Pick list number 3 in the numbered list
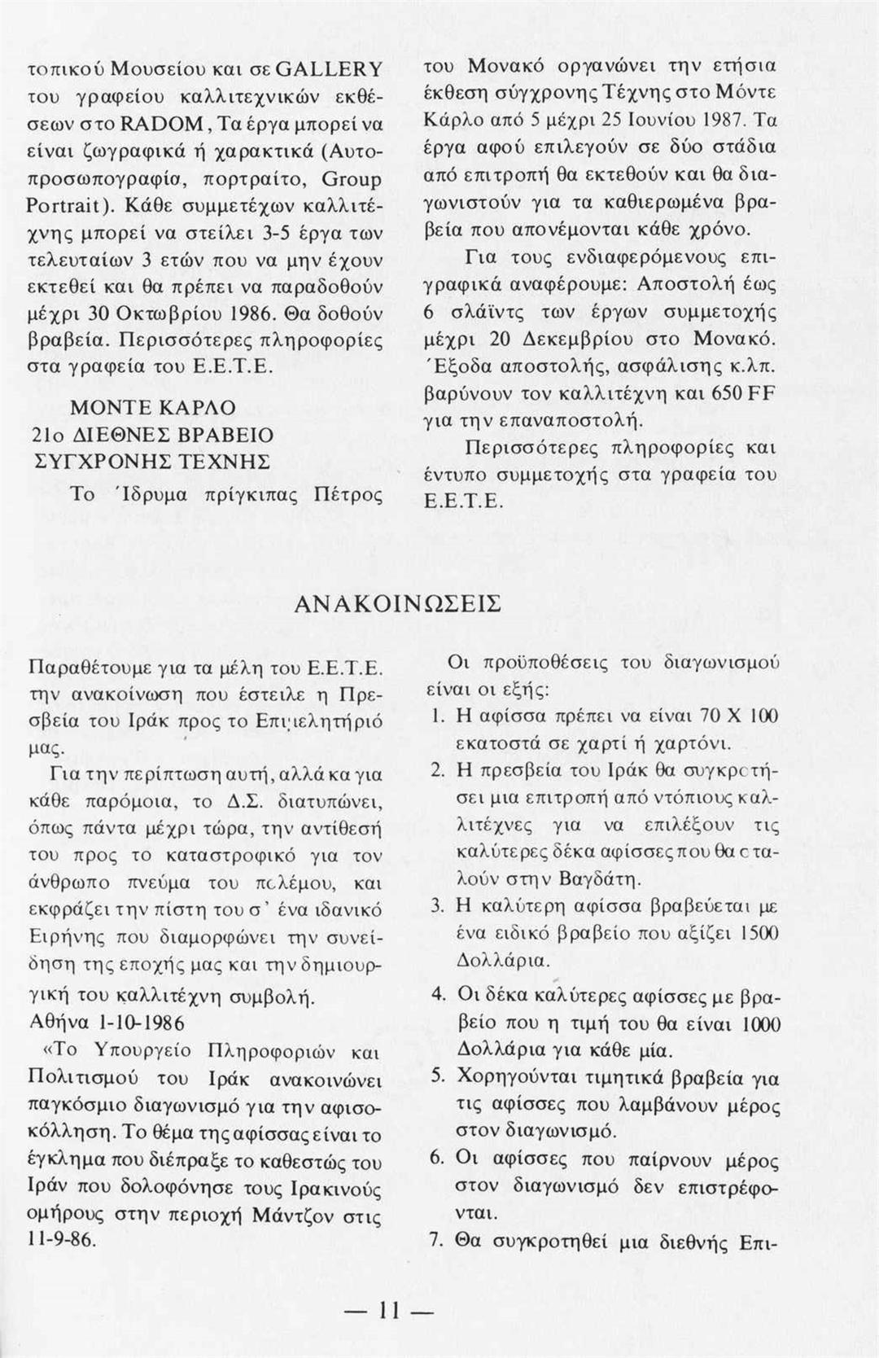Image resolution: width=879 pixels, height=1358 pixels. pyautogui.click(x=435, y=905)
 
